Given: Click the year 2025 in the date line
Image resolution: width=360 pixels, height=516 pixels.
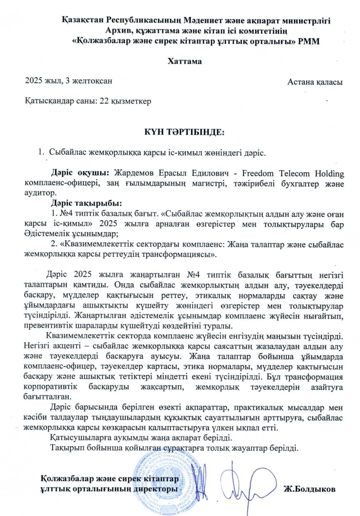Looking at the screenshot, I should pos(34,80).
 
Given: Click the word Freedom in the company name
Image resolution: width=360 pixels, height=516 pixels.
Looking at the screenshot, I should pos(271,174).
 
